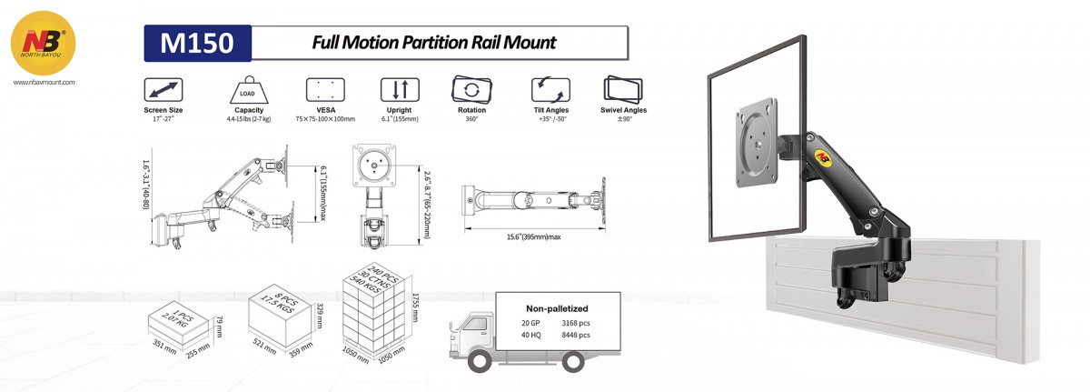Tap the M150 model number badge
tap(196, 42)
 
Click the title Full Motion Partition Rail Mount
tap(433, 42)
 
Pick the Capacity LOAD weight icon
tap(248, 90)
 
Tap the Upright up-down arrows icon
tap(400, 90)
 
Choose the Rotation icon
tap(471, 90)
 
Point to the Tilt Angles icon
tap(551, 90)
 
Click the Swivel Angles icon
tap(624, 90)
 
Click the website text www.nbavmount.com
tap(45, 82)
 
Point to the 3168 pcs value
tap(576, 322)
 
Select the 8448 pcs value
tap(576, 335)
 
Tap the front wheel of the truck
tap(478, 362)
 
